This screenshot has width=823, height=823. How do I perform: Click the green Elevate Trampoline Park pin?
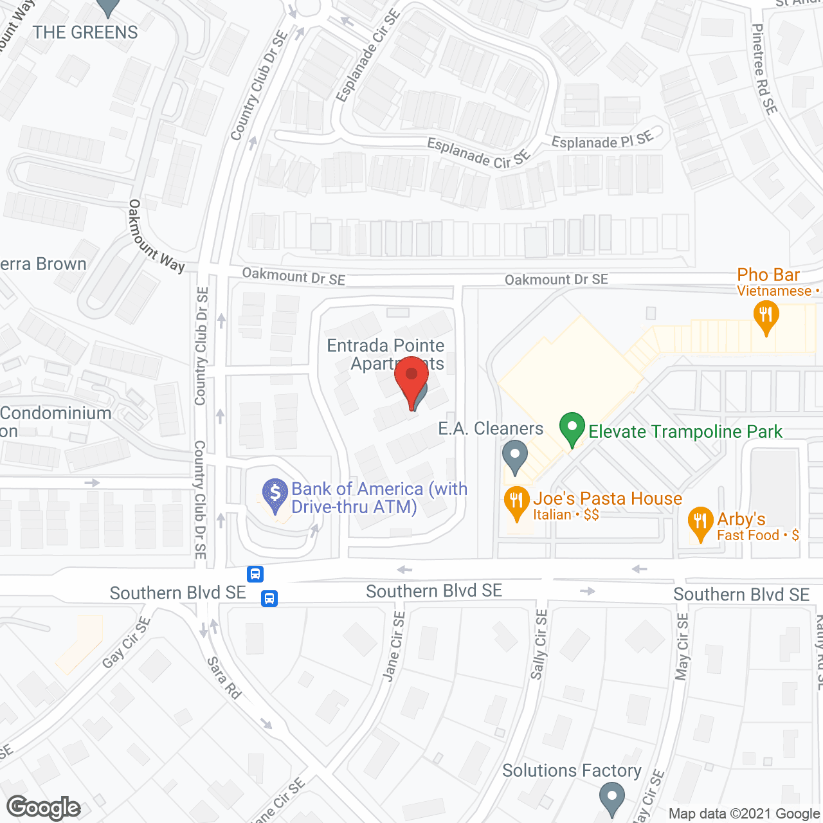[572, 429]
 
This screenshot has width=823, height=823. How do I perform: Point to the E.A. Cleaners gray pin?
[514, 456]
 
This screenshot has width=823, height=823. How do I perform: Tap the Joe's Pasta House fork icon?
[516, 503]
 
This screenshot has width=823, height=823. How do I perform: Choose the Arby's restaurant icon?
[700, 523]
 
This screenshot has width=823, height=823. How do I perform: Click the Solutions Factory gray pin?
[612, 798]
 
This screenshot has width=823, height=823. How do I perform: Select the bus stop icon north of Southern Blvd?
[255, 574]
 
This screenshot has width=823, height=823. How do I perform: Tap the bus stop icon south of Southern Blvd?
[269, 599]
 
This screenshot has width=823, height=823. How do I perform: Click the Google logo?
[44, 808]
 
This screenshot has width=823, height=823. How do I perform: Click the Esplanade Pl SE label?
[602, 140]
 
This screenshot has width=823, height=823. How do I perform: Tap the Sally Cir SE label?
[539, 644]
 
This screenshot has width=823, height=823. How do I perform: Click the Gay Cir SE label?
[126, 642]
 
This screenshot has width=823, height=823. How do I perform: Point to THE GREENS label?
[86, 32]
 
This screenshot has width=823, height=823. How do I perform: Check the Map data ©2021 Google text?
[744, 814]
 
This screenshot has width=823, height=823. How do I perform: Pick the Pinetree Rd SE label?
[764, 69]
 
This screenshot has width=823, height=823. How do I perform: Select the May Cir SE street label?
[682, 646]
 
